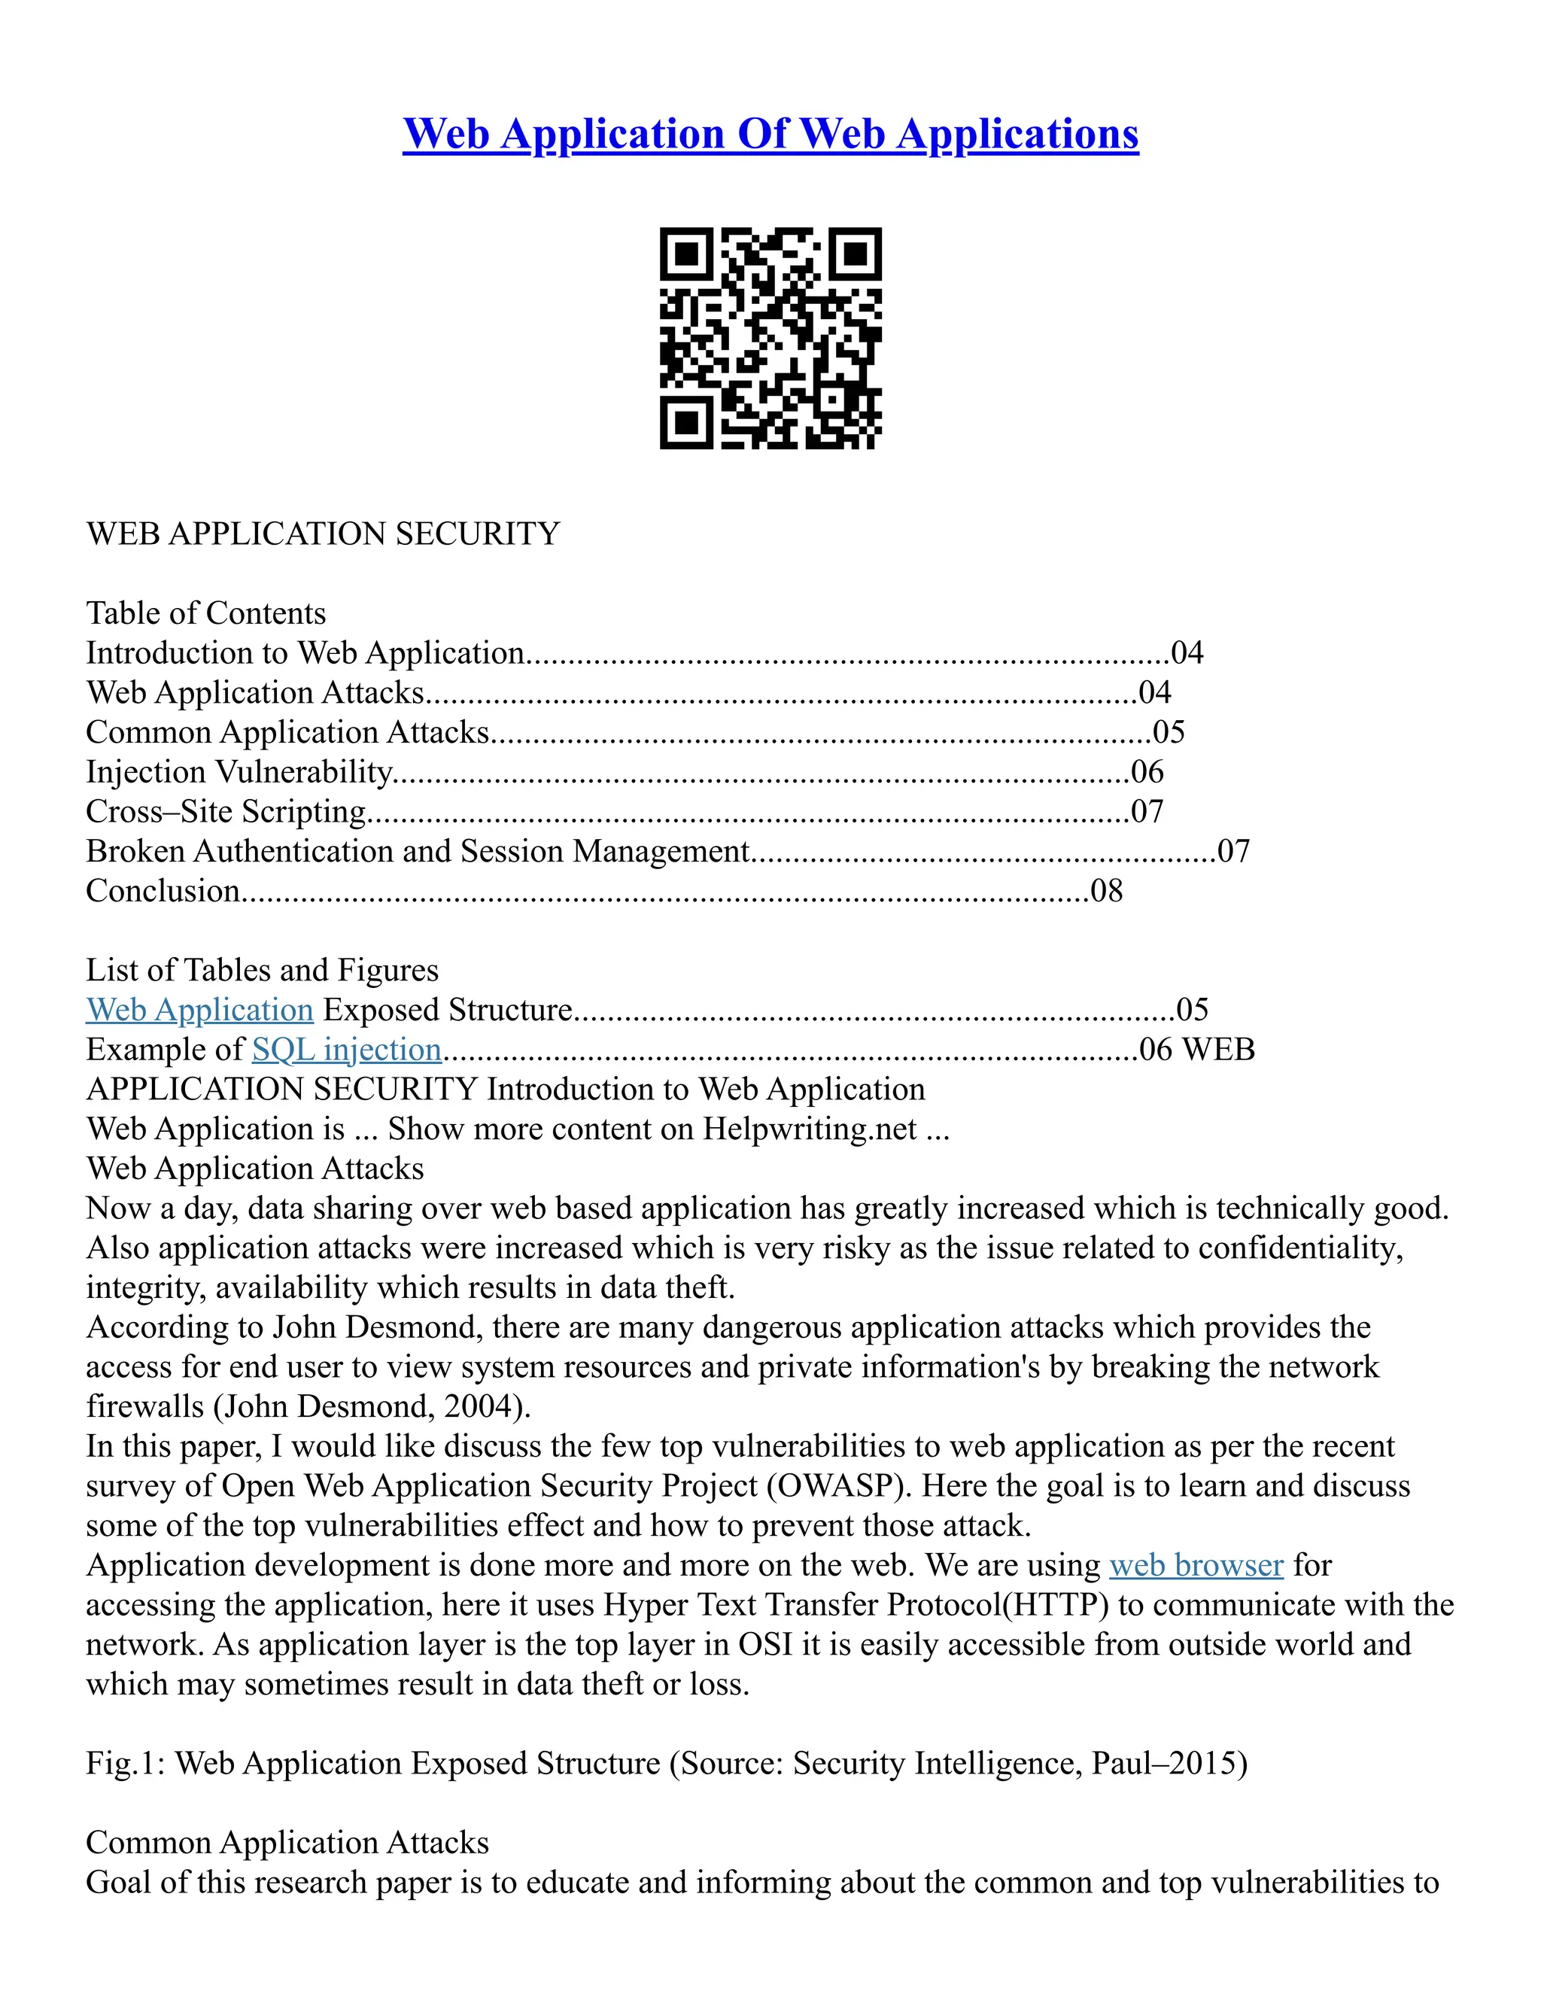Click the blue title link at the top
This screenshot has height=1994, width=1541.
click(x=770, y=134)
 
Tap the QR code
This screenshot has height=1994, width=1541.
click(x=770, y=338)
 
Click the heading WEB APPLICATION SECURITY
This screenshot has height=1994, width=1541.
click(x=322, y=534)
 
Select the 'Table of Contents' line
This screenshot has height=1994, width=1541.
click(x=205, y=612)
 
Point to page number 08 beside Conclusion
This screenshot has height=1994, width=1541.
click(x=1106, y=891)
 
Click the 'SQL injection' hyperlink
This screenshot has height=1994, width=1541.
click(x=347, y=1050)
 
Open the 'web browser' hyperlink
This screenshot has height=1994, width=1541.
click(x=1196, y=1565)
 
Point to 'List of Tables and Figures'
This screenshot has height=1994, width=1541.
click(x=262, y=970)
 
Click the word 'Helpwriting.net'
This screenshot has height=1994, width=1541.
click(x=809, y=1129)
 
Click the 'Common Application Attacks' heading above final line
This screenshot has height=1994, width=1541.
click(x=287, y=1843)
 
